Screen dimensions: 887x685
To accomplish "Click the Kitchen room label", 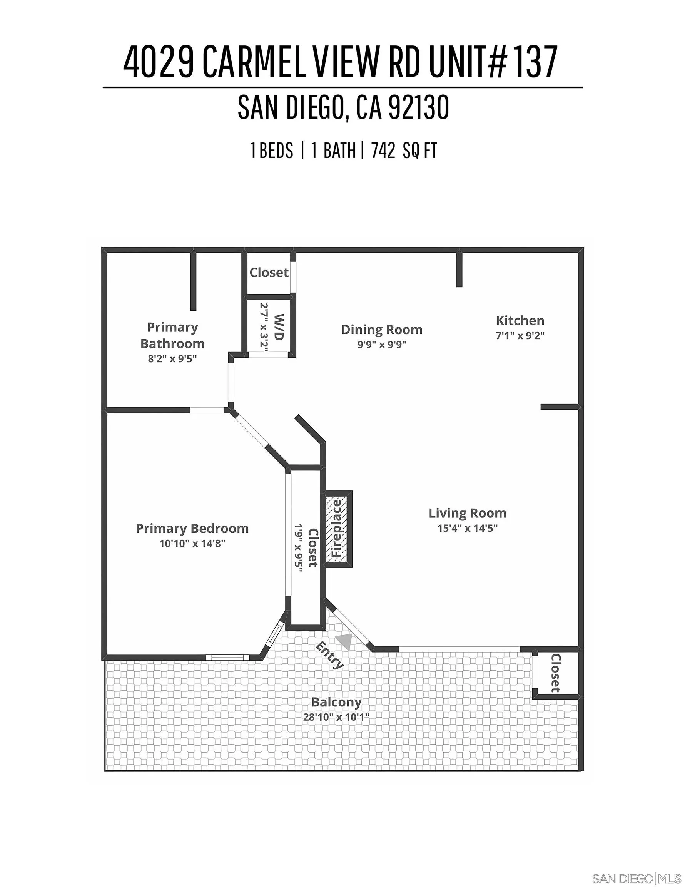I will coord(520,321).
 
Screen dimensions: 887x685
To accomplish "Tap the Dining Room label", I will coord(382,330).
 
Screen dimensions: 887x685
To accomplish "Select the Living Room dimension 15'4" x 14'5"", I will coord(467,528).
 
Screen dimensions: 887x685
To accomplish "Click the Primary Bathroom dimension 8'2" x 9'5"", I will coord(172,359).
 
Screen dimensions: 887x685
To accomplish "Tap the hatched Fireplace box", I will coord(337,529).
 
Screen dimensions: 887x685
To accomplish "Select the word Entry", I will coord(330,655).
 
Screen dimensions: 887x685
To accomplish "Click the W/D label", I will coord(279,327).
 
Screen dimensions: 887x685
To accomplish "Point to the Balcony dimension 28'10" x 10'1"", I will coord(336,717).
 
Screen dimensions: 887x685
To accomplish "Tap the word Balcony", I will coord(336,702).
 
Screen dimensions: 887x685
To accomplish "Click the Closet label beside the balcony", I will coord(555,673).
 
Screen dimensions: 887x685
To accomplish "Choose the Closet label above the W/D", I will coord(269,273).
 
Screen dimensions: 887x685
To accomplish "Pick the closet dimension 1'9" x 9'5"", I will coord(299,548).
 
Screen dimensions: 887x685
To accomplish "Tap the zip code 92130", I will coord(419,107).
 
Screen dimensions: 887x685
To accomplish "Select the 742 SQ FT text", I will coord(404,151).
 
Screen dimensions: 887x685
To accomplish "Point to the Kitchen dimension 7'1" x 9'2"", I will coord(520,335).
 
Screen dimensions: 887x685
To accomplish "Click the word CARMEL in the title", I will coord(253,62).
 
